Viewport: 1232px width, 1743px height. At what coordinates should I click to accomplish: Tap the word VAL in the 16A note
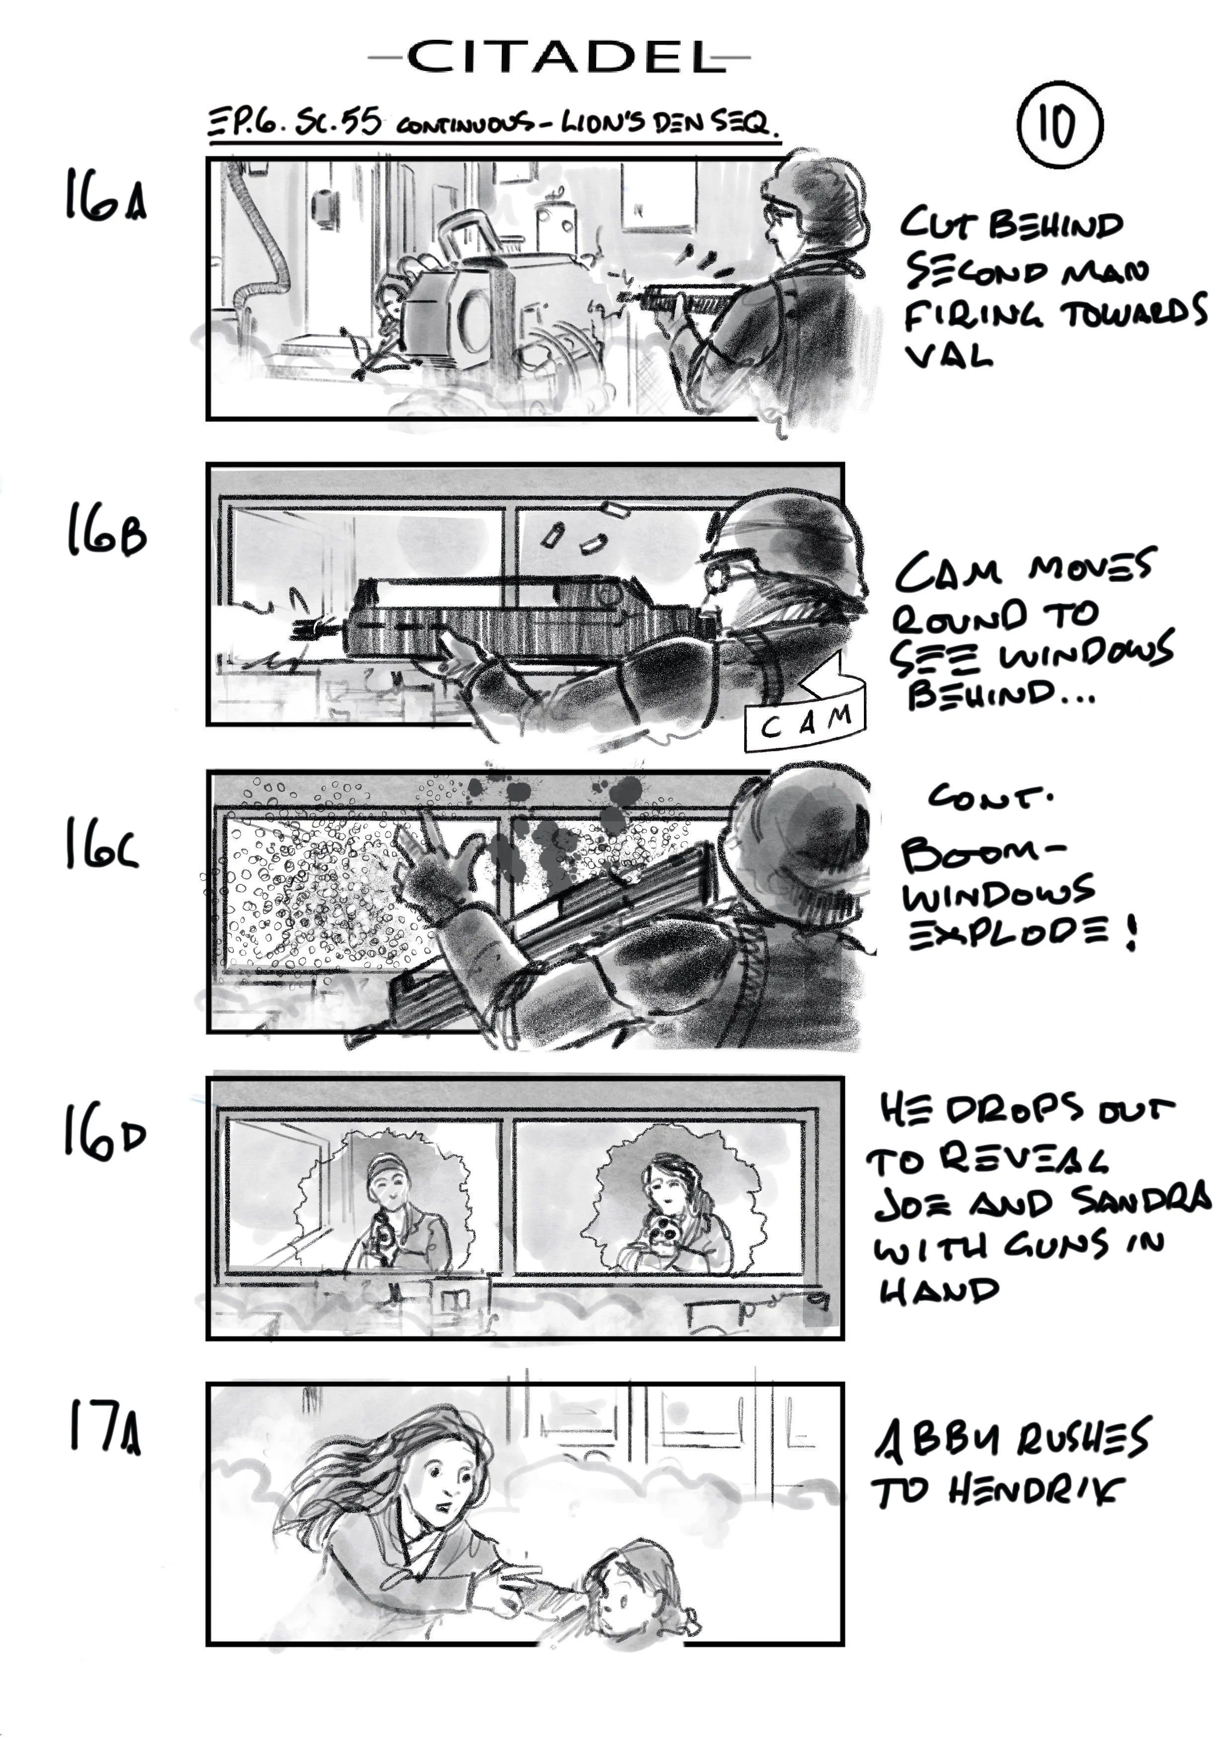tap(948, 354)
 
